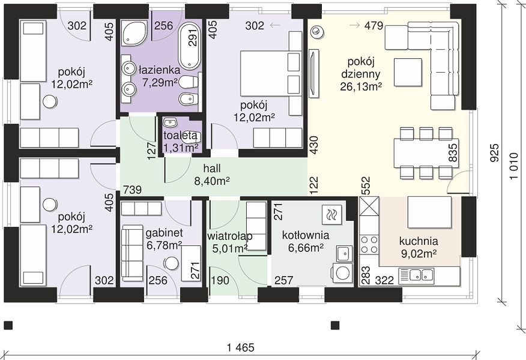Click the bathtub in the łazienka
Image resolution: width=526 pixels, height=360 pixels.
189,46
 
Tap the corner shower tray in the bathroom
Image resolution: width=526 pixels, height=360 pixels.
134,32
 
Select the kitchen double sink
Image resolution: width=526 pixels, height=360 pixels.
416,276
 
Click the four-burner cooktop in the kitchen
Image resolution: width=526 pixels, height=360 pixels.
369,244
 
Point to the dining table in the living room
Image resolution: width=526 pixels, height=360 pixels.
426,153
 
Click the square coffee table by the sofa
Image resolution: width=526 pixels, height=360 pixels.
408,72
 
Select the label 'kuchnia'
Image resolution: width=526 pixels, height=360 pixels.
419,241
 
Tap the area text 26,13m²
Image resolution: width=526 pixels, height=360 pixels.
361,86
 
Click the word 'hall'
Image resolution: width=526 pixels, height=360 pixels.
212,169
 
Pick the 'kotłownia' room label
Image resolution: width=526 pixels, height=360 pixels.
305,235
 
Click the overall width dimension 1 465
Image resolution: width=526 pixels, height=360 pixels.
240,347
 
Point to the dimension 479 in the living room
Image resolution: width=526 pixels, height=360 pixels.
373,25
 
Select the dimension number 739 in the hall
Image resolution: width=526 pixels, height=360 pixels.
132,190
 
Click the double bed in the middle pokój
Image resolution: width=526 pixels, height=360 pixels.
271,73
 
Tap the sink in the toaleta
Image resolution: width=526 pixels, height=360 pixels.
171,122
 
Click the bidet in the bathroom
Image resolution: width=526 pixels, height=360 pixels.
187,98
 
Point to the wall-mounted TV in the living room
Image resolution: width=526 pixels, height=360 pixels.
313,73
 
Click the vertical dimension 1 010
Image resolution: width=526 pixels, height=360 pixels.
513,166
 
